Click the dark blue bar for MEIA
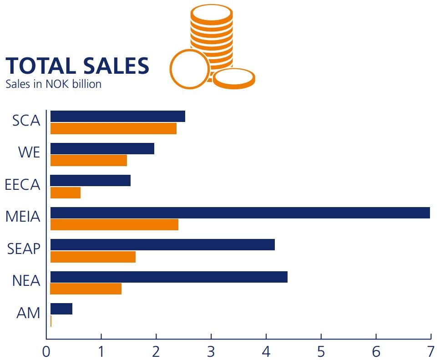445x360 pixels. [x=240, y=213]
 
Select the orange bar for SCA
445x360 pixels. [x=113, y=129]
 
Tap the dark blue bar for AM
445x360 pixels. [x=61, y=309]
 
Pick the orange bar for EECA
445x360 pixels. [x=66, y=193]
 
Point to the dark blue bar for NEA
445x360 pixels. [x=169, y=277]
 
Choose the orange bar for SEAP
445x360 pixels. [x=93, y=257]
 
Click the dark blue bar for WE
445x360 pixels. [x=102, y=148]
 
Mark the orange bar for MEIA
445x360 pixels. [x=114, y=225]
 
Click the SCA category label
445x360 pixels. [x=26, y=121]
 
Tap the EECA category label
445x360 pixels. [x=23, y=185]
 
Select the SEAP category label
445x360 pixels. [x=24, y=249]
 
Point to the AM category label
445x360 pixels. [x=28, y=313]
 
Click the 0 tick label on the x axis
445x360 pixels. [x=46, y=351]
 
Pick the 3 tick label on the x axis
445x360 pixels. [x=211, y=351]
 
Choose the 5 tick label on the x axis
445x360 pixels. [x=321, y=351]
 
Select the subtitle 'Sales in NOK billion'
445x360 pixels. [x=53, y=84]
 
